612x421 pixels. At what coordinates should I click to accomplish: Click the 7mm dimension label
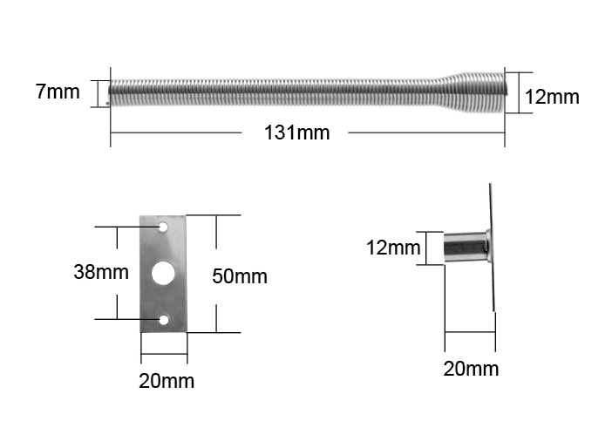(58, 92)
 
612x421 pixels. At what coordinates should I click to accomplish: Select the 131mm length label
(296, 132)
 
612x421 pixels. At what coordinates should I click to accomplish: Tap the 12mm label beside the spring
(552, 97)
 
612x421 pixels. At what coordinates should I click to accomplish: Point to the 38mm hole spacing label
(101, 272)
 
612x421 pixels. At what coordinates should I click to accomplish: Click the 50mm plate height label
(240, 276)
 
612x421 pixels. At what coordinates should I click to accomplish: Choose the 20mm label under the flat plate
(167, 381)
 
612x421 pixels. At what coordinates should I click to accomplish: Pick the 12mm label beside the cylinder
(393, 248)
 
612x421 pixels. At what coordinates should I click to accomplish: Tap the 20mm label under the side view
(471, 369)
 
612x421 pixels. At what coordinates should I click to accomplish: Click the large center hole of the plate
(163, 273)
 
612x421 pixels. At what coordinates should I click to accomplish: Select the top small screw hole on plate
(163, 227)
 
